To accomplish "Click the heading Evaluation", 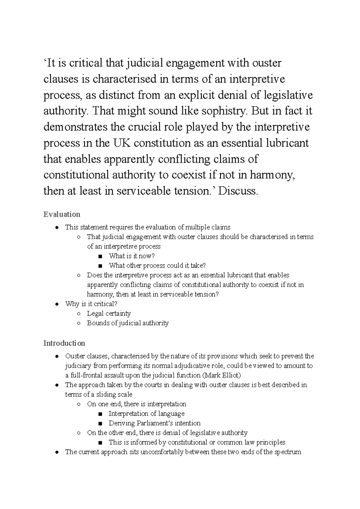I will point(61,214).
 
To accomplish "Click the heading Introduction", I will point(64,343).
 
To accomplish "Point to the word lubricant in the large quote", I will point(287,143).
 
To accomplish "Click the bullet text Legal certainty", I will point(109,313).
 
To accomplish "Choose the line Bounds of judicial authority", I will point(127,323).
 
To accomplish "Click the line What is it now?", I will point(131,256).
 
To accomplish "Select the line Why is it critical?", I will point(91,304).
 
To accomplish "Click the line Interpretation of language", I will point(146,413).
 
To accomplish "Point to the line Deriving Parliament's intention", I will point(154,423).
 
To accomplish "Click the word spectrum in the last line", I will point(288,452).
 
